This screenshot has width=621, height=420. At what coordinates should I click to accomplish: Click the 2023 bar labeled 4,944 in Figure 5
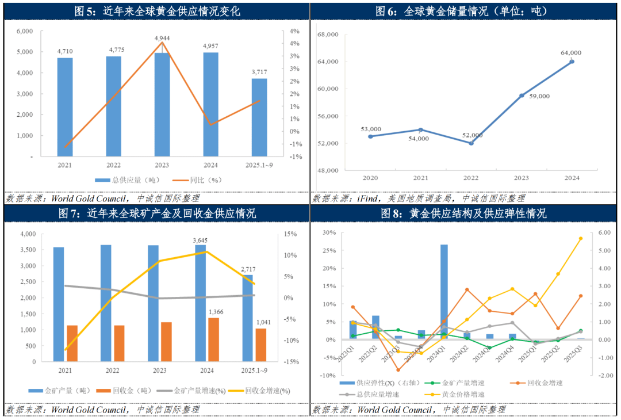point(162,104)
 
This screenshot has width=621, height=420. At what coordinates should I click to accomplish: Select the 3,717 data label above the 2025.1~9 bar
point(259,72)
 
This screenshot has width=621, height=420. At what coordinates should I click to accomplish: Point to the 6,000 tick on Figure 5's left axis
point(24,31)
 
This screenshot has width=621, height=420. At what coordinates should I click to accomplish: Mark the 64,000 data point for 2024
point(572,62)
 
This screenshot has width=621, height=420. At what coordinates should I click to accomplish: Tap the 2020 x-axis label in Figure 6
point(370,177)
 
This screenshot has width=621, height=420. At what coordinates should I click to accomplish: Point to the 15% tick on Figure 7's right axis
point(289,234)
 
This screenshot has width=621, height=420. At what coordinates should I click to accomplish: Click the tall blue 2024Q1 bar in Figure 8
point(444,292)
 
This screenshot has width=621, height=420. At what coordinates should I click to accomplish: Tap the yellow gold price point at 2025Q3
point(580,238)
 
